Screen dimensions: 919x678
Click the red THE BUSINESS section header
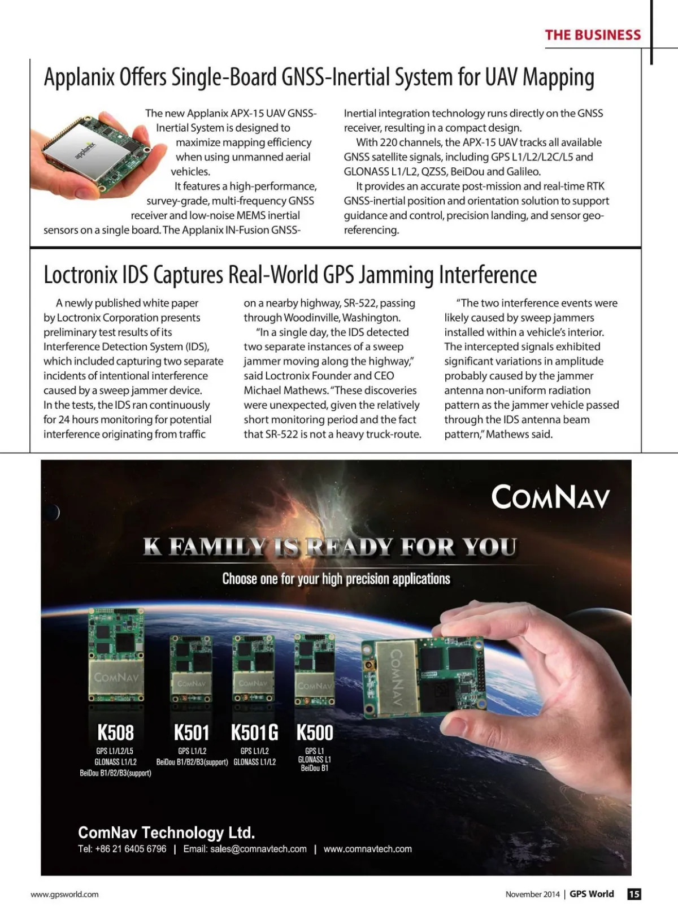[593, 35]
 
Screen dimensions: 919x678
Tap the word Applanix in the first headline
[79, 77]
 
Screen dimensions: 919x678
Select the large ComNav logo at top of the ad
[550, 497]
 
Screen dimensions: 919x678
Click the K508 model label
[115, 732]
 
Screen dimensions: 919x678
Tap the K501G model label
[254, 732]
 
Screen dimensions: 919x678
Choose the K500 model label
[315, 732]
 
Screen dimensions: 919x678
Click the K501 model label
[192, 732]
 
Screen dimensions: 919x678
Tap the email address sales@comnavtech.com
[258, 849]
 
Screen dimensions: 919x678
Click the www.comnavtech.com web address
[367, 849]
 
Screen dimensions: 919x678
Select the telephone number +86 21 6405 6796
[131, 849]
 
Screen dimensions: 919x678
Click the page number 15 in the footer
[634, 894]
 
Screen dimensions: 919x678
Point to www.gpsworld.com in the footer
[64, 894]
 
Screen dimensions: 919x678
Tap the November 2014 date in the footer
[532, 894]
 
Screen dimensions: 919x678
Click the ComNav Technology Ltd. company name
[166, 833]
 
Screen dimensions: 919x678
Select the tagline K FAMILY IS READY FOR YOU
[329, 547]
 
